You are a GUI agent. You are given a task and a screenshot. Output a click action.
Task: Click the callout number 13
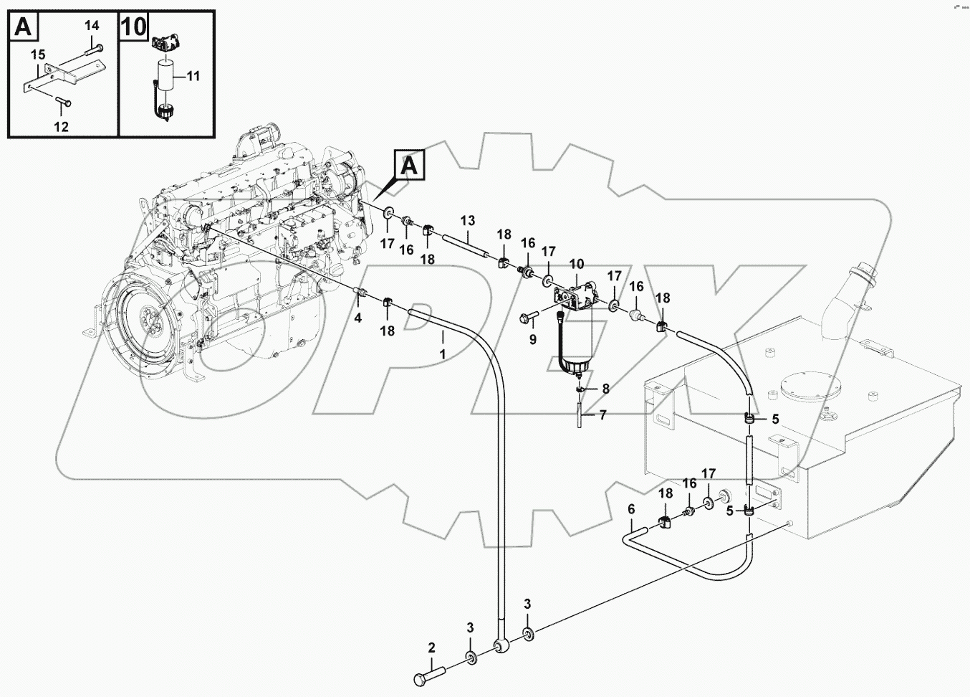467,219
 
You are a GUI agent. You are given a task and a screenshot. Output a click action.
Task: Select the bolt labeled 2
430,674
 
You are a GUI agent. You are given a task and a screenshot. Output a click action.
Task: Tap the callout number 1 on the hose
443,354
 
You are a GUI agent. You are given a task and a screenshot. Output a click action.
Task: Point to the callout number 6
631,508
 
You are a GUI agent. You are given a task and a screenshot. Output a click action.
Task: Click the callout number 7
602,414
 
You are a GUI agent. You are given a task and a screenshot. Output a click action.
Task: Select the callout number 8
605,389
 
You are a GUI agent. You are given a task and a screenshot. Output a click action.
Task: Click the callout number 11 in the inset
193,75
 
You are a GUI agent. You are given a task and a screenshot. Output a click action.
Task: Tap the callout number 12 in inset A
62,127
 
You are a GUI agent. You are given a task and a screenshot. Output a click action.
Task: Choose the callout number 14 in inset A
92,26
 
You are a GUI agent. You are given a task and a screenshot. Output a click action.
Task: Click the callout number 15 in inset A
37,54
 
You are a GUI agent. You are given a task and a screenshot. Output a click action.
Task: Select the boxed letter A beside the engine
409,166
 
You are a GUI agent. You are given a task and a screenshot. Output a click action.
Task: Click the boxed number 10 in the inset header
134,27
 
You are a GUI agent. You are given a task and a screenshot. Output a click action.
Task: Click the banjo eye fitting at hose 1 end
501,648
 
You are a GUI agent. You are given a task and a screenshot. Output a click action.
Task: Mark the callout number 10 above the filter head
577,265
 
